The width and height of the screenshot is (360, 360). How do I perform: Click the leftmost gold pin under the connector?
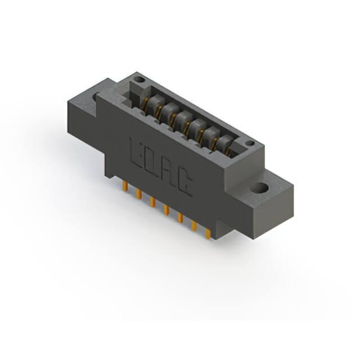[x=125, y=184]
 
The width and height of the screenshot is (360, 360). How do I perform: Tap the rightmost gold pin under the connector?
[x=208, y=235]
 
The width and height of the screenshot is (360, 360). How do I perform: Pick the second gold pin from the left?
[x=139, y=193]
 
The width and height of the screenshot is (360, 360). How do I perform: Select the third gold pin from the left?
[x=152, y=202]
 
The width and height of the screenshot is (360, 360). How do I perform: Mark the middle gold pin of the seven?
[x=166, y=210]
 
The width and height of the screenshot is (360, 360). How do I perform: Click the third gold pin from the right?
[x=180, y=218]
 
